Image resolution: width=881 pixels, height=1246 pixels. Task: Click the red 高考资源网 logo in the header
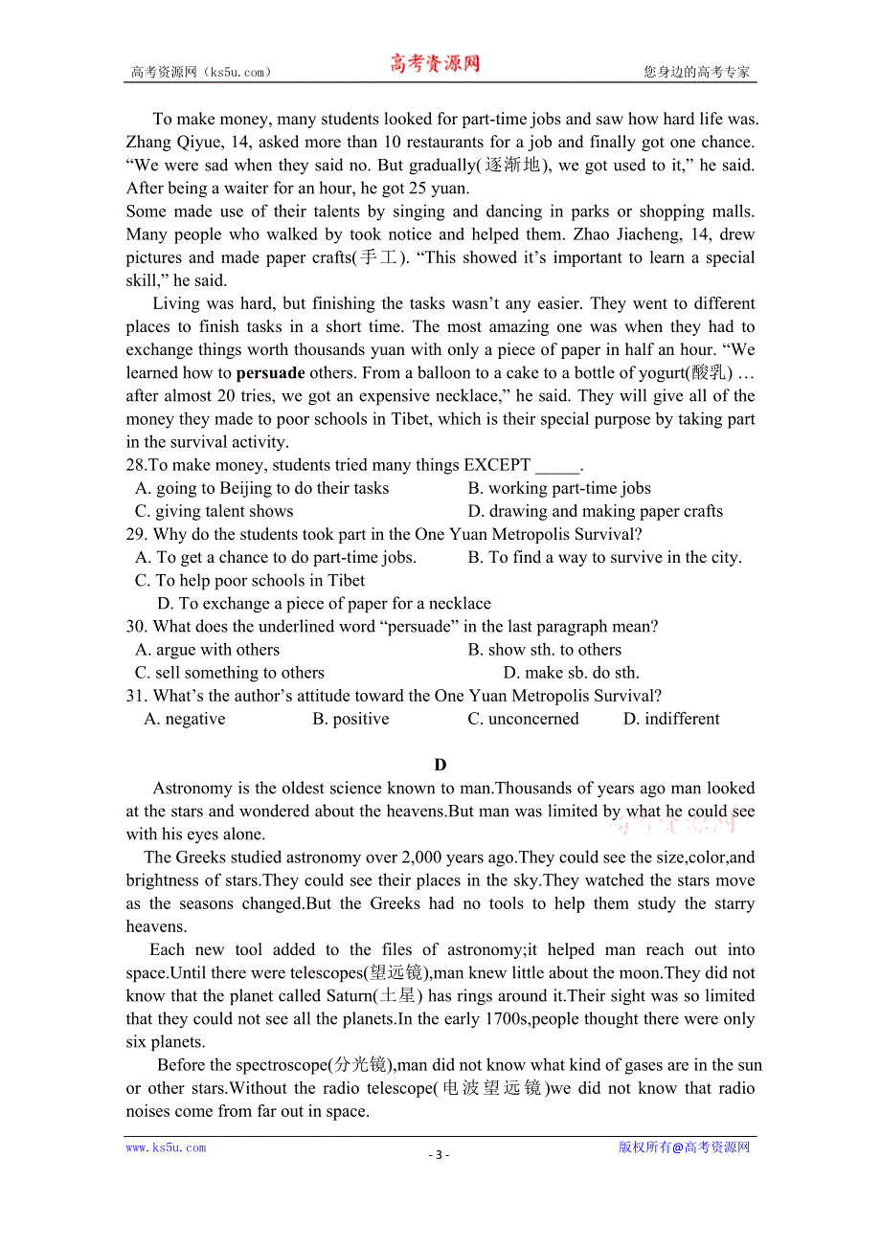tap(434, 64)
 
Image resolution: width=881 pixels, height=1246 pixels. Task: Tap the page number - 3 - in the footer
tap(439, 1154)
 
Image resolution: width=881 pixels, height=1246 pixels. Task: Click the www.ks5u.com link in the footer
tap(166, 1147)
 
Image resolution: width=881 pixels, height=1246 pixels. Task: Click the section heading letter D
tap(440, 765)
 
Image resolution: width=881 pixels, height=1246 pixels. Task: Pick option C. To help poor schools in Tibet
tap(250, 581)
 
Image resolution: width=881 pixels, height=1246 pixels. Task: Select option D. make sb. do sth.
tap(571, 673)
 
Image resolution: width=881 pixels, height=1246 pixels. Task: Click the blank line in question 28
tap(556, 466)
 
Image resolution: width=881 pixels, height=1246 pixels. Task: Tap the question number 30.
tap(135, 627)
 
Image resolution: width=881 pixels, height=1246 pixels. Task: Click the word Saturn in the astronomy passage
tap(349, 996)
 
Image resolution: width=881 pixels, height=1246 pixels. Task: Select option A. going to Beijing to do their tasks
tap(261, 488)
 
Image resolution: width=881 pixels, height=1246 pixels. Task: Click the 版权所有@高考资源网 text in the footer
tap(684, 1147)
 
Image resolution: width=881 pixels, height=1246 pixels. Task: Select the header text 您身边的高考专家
tap(696, 72)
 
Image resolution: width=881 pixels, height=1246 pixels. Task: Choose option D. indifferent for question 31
tap(671, 719)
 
